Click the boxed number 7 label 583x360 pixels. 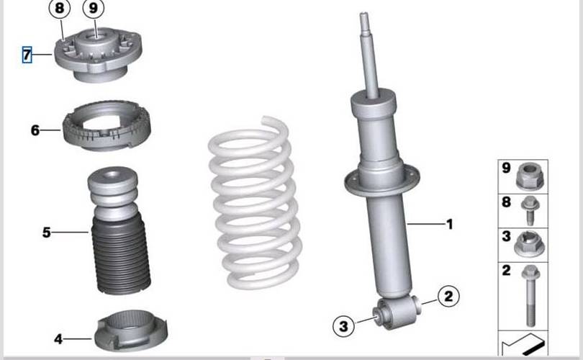coord(27,55)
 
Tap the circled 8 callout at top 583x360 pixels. coord(60,8)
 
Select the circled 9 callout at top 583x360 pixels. coord(94,8)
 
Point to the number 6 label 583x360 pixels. coord(35,130)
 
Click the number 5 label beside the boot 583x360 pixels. coord(47,233)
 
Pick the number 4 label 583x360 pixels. coord(58,339)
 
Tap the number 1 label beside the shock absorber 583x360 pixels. coord(450,224)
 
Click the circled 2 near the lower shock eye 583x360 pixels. coord(449,297)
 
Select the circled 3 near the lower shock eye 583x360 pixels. coord(343,326)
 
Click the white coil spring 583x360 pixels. coord(255,204)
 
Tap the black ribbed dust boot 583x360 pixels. coord(121,256)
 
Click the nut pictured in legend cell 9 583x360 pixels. coord(530,176)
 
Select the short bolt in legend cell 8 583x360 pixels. coord(530,211)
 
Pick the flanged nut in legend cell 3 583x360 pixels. coord(530,244)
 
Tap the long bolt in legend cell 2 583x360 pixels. coord(530,296)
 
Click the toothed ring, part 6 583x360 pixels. coord(107,126)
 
